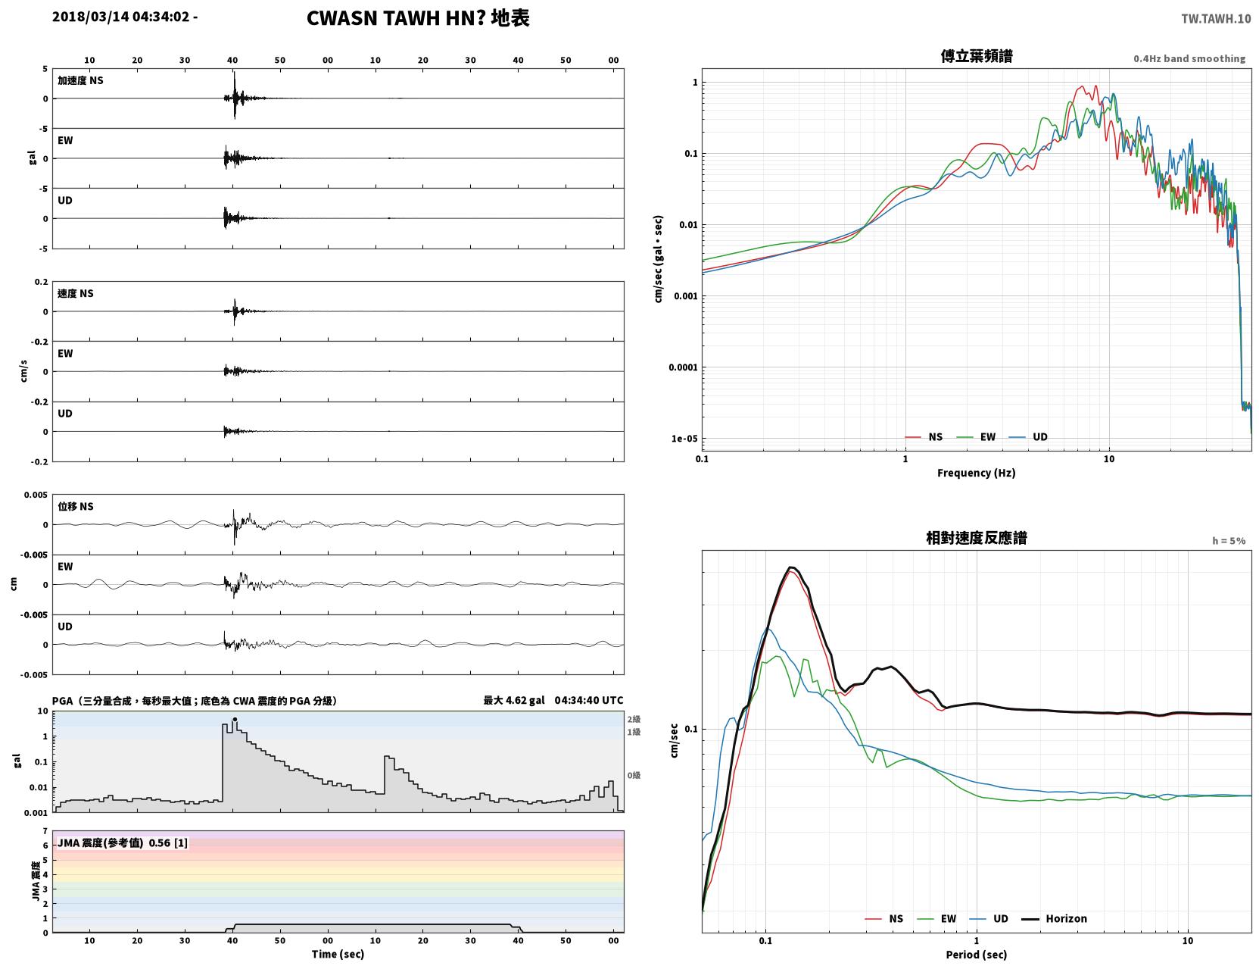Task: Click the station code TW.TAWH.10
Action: click(1216, 18)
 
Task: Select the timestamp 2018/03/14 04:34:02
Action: click(121, 16)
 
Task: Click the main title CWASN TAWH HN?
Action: click(396, 18)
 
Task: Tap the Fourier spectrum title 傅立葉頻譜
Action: click(977, 56)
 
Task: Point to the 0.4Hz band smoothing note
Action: click(1189, 58)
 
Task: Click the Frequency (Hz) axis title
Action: click(977, 473)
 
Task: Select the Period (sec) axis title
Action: click(977, 955)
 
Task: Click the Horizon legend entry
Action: click(1054, 918)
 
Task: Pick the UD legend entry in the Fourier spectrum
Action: click(1028, 437)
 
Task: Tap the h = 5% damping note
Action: click(1228, 541)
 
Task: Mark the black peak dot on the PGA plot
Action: click(235, 719)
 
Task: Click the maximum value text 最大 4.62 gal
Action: click(514, 700)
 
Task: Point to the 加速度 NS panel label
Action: click(80, 80)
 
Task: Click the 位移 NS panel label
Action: click(75, 507)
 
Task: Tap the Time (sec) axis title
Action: click(338, 954)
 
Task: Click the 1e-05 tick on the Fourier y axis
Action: click(684, 439)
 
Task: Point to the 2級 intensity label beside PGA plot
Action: click(634, 719)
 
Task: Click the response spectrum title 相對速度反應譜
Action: click(977, 538)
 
